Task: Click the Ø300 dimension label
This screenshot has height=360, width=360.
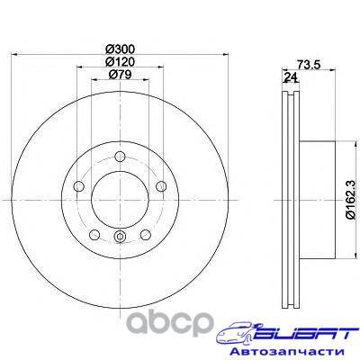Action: click(121, 48)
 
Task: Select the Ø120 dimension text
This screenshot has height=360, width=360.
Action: click(121, 61)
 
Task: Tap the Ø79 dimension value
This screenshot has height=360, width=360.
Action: click(121, 74)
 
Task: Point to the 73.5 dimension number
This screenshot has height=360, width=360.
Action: click(309, 64)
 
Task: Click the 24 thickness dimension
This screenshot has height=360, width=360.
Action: click(291, 77)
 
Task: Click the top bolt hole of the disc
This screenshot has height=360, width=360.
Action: click(120, 157)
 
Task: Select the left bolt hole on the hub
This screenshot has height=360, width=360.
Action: click(78, 186)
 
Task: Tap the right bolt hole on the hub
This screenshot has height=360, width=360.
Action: click(161, 186)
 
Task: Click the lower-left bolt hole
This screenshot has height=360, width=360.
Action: click(94, 235)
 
